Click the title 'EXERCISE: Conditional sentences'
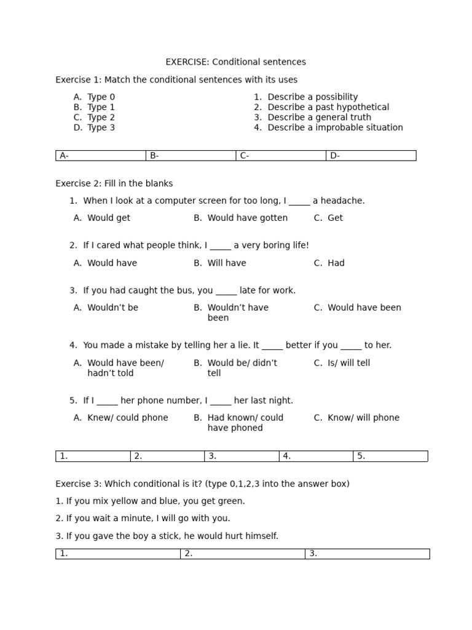[x=235, y=62]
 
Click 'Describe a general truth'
[x=319, y=118]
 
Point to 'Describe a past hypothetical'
[x=328, y=107]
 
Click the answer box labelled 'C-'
[x=281, y=156]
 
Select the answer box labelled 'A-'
[x=101, y=156]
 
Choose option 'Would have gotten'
[x=247, y=218]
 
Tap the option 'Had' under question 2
[x=336, y=263]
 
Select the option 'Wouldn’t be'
[x=112, y=308]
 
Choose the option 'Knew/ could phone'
[x=127, y=418]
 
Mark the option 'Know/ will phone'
[x=363, y=418]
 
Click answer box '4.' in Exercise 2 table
[x=316, y=457]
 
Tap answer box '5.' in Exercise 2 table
[x=390, y=457]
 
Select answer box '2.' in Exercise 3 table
[x=243, y=554]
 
